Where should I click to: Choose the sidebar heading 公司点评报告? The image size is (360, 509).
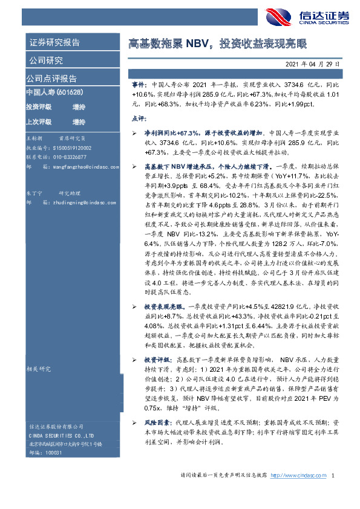(x=51, y=79)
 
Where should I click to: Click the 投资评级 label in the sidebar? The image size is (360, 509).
(x=38, y=106)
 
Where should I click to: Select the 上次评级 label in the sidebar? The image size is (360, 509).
(x=38, y=122)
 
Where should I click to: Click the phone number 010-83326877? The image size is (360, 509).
(x=68, y=155)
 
